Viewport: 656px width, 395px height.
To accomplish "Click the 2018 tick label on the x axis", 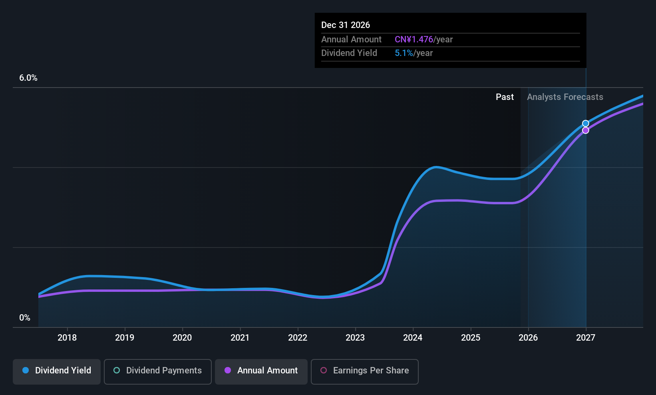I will (x=67, y=337).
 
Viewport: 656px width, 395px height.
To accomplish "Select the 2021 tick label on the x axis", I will (x=240, y=337).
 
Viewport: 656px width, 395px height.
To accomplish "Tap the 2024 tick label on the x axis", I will (x=413, y=337).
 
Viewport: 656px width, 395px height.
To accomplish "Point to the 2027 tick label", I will (x=586, y=337).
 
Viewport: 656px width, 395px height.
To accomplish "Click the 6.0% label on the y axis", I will (x=28, y=78).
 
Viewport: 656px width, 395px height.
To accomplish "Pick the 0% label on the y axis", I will (x=25, y=318).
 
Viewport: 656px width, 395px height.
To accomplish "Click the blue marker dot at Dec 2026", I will (x=585, y=124).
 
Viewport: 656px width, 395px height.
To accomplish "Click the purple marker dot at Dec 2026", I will (x=585, y=130).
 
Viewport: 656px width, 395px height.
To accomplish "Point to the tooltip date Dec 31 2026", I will (x=346, y=25).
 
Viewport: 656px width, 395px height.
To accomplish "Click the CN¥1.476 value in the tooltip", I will (x=414, y=40).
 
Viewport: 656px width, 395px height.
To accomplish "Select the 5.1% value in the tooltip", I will (x=404, y=53).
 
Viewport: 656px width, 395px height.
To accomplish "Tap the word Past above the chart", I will (x=505, y=97).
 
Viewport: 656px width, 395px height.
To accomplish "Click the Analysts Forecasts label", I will (x=565, y=97).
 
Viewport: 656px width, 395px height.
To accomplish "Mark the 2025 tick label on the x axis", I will (x=471, y=337).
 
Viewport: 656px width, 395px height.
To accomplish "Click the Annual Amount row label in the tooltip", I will (x=352, y=40).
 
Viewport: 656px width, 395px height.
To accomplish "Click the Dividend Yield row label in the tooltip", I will (x=349, y=53).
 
